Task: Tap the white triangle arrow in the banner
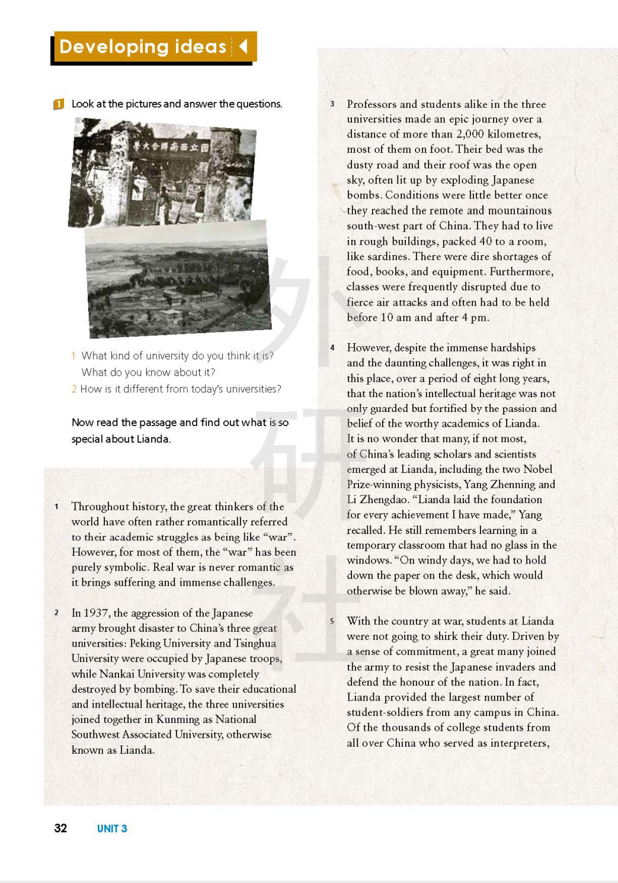coord(243,46)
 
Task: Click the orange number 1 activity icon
coord(59,104)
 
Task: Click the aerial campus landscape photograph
coord(178,279)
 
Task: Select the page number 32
coord(60,828)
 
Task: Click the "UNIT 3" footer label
coord(112,828)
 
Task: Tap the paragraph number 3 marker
coord(332,104)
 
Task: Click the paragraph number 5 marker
coord(332,621)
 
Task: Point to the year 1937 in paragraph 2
coord(95,613)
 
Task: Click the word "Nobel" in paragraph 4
coord(537,469)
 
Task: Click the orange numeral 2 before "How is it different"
coord(74,389)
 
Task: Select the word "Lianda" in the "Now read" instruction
coord(153,439)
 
